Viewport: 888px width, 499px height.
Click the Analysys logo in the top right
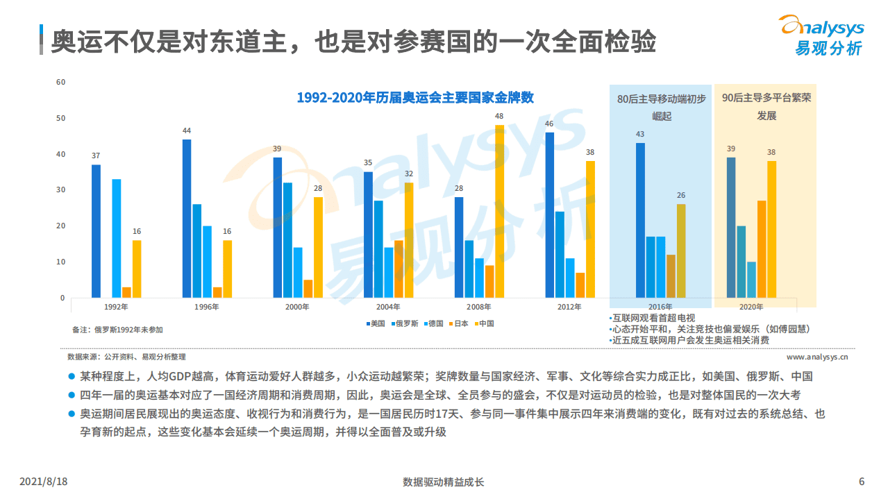coord(821,35)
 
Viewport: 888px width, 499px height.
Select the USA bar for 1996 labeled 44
coord(186,219)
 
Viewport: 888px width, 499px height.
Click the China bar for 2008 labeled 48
coord(499,212)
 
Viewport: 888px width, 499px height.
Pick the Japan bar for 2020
coord(762,249)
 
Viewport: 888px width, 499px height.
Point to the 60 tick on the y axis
coord(60,82)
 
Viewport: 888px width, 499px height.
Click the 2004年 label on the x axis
coord(387,307)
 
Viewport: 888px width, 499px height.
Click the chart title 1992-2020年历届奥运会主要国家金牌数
coord(415,98)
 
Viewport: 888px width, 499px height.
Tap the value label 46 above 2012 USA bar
coord(549,124)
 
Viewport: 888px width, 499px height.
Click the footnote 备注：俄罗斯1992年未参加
coord(117,330)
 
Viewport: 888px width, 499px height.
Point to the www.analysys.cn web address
coord(817,357)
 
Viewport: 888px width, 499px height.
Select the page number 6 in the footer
coord(862,482)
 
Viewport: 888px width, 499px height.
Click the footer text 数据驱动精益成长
coord(443,482)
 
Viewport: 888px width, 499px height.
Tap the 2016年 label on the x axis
coord(660,307)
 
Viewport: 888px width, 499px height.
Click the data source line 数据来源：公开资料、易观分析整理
coord(126,357)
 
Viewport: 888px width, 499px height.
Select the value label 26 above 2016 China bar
coord(681,196)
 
